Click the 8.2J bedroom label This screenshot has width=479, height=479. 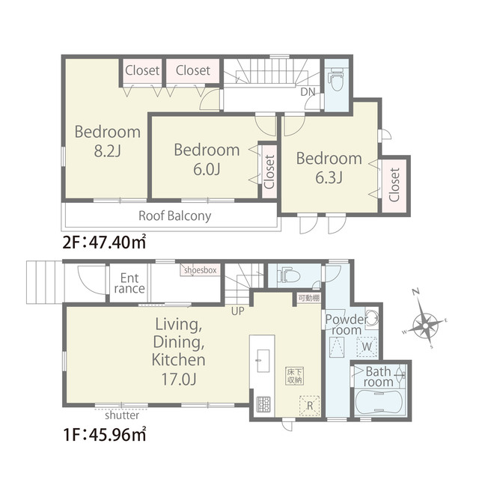(x=108, y=141)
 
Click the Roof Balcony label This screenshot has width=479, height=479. (x=174, y=216)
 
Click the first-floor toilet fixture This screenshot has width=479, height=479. (x=288, y=275)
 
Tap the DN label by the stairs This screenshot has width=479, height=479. (x=308, y=91)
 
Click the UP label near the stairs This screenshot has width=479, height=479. (x=238, y=311)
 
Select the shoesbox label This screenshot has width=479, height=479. (x=201, y=270)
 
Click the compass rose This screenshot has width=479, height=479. (x=425, y=326)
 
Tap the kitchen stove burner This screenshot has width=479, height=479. (x=263, y=404)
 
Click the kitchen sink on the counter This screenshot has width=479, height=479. (x=263, y=361)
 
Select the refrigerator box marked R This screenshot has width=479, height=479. (x=309, y=406)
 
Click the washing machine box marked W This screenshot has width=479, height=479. (x=367, y=347)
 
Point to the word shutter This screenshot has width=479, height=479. (x=122, y=415)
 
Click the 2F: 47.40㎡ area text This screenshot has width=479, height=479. (x=104, y=242)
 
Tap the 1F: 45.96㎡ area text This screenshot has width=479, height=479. (x=104, y=434)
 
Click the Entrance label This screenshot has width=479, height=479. (x=129, y=283)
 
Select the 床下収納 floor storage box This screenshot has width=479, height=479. (x=295, y=376)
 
